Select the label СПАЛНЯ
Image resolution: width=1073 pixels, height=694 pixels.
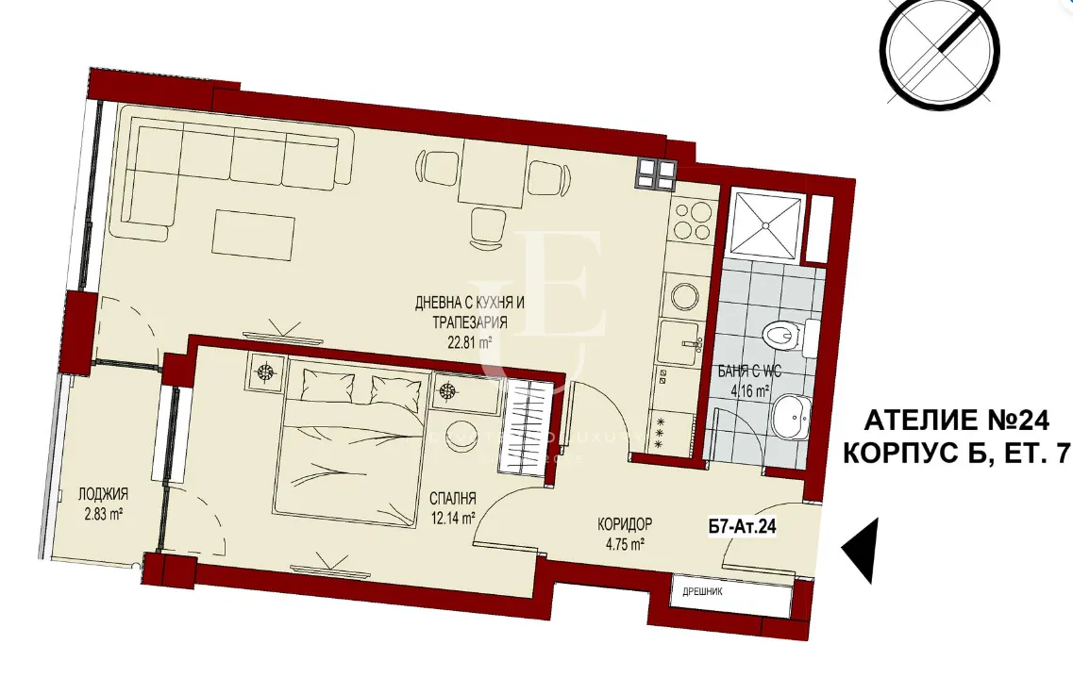pos(450,499)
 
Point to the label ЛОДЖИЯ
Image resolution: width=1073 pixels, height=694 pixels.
pos(104,494)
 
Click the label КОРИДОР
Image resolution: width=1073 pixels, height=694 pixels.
pos(624,525)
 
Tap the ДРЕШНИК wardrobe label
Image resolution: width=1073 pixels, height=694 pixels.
pos(696,594)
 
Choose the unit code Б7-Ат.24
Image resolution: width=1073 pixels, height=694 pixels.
pos(742,529)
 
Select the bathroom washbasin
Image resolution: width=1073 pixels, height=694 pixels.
pos(789,417)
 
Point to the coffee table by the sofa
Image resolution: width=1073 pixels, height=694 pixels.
pos(254,233)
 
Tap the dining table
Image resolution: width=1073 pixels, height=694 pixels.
pos(493,174)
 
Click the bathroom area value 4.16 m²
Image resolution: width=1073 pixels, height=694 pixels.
pos(747,387)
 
